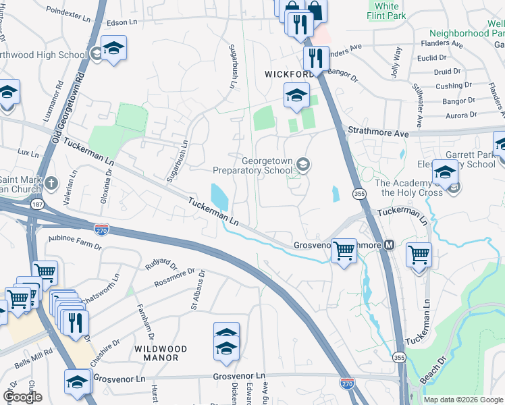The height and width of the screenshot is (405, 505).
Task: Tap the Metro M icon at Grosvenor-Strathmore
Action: click(389, 244)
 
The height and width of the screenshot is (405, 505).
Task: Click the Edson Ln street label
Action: click(122, 23)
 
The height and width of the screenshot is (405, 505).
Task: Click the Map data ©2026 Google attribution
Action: click(463, 400)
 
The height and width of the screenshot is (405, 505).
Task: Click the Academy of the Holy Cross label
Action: click(411, 188)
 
